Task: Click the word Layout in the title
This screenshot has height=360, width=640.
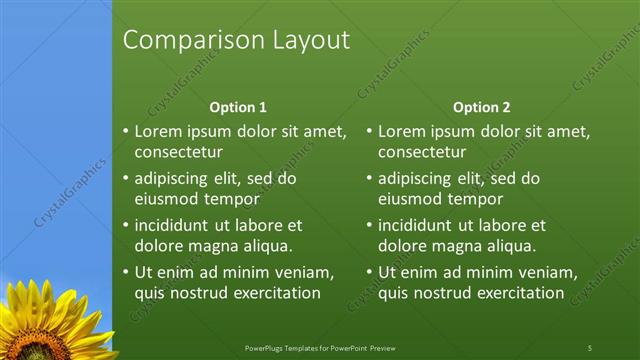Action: (311, 40)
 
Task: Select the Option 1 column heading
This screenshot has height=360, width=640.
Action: (237, 107)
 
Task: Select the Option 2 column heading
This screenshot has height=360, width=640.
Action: (481, 107)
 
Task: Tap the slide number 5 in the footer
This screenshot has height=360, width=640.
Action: (590, 347)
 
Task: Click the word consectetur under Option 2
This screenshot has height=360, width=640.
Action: (422, 153)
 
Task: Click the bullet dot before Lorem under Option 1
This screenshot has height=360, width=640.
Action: (125, 131)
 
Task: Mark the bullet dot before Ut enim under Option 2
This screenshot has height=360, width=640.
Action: (369, 272)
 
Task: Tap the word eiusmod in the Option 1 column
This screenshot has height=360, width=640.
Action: (167, 200)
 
